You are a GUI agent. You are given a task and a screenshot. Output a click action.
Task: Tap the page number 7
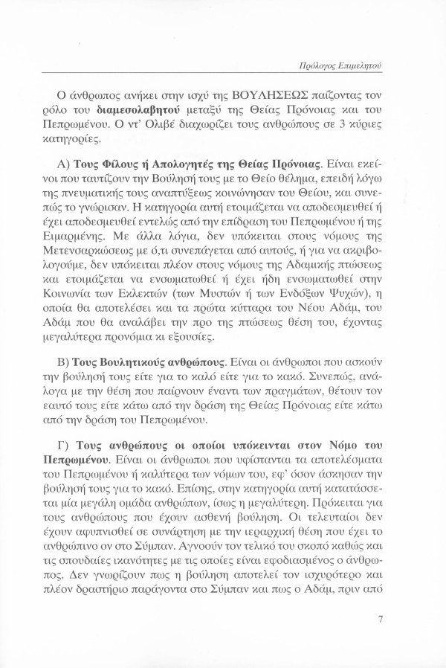(380, 617)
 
